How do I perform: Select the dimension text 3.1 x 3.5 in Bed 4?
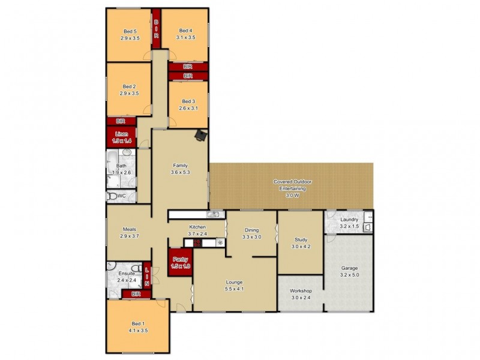tap(185, 37)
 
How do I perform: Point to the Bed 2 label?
tap(130, 86)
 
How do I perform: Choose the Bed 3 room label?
tap(188, 101)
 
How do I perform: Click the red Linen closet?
tap(122, 136)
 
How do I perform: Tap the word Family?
tap(181, 165)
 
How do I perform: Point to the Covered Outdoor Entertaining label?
tap(292, 181)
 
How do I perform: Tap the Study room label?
tap(301, 239)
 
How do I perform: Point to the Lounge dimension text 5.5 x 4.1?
tap(234, 289)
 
